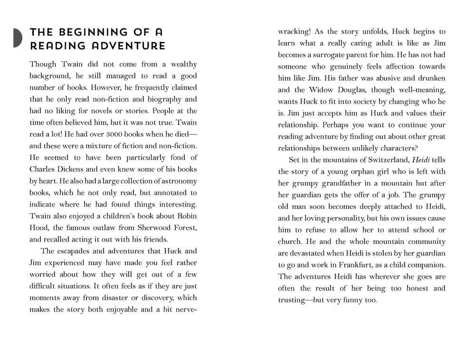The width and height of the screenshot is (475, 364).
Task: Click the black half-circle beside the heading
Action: [x=18, y=38]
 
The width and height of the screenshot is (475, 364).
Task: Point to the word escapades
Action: [x=77, y=251]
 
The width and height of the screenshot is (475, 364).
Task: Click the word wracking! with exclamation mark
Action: [x=294, y=32]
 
